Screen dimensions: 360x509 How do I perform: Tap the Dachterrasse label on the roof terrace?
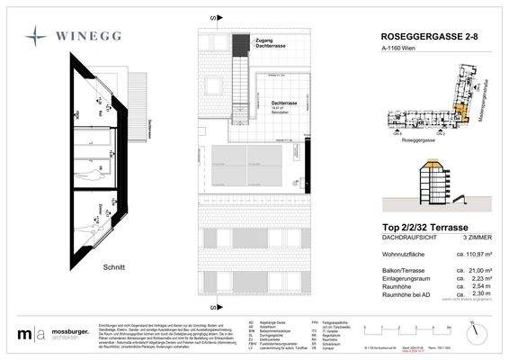pos(285,103)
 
